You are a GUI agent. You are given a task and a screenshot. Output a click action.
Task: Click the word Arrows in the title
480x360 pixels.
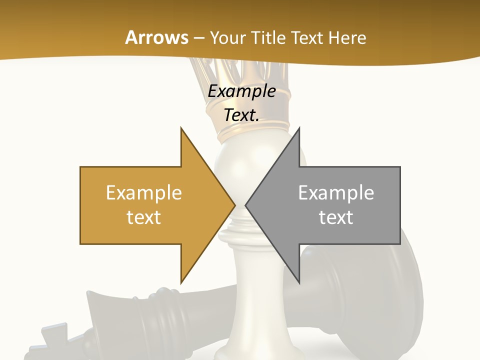pos(156,37)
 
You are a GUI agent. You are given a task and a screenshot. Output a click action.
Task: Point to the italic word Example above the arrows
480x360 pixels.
pos(242,91)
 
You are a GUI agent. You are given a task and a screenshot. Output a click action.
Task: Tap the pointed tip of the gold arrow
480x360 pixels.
pos(233,205)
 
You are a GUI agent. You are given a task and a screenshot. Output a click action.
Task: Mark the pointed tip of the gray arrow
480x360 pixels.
pos(247,205)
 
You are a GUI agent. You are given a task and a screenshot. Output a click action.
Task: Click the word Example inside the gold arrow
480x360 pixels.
pos(144,193)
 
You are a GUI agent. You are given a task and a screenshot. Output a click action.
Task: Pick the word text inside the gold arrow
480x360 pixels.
pos(144,217)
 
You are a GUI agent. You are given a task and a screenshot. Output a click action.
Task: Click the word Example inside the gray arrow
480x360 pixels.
pos(336,193)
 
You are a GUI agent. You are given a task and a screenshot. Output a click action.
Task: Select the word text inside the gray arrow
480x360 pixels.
pos(336,217)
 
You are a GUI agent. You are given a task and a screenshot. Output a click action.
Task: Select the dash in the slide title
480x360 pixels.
pos(199,38)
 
